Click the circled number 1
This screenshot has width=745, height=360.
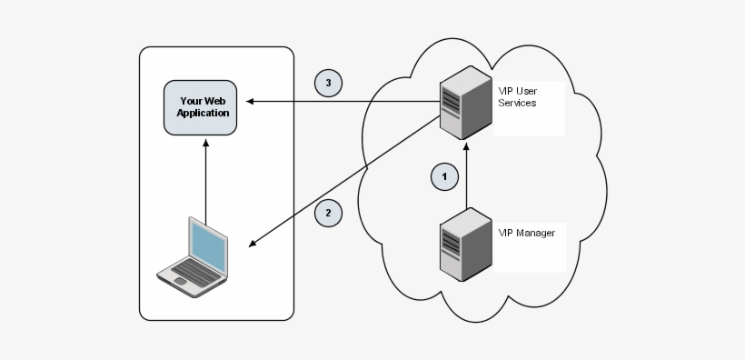[444, 175]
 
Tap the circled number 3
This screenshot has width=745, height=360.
[328, 83]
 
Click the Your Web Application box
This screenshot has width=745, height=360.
[204, 107]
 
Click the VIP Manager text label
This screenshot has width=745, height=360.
[526, 233]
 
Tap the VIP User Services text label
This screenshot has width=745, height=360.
[517, 97]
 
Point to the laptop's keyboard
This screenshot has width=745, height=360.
[188, 271]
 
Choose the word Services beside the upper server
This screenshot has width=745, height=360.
[517, 104]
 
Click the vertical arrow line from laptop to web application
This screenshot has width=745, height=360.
[205, 182]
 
